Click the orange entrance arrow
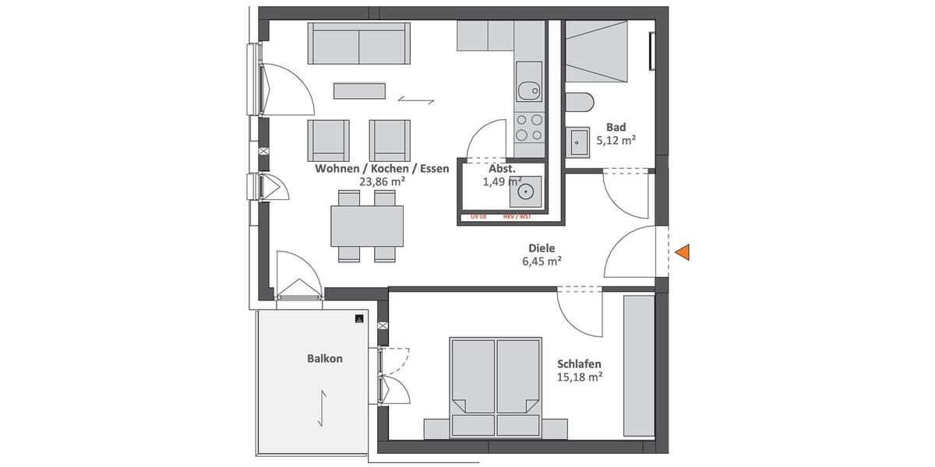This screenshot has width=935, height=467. [x=683, y=251]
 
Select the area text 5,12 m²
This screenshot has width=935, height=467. [x=616, y=141]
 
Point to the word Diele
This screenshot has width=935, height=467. [x=542, y=248]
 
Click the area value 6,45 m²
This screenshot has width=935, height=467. [x=542, y=262]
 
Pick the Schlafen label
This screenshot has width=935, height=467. [x=580, y=363]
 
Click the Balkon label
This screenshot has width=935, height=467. [x=325, y=359]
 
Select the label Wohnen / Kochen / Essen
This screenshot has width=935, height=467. [x=382, y=168]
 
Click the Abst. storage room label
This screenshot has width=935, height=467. [x=502, y=168]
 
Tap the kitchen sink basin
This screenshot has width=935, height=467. [x=529, y=90]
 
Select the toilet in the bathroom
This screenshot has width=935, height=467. [x=580, y=103]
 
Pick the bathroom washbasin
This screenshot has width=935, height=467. [x=579, y=142]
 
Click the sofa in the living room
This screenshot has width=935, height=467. [x=359, y=44]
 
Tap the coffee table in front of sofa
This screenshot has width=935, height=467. [x=360, y=90]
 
